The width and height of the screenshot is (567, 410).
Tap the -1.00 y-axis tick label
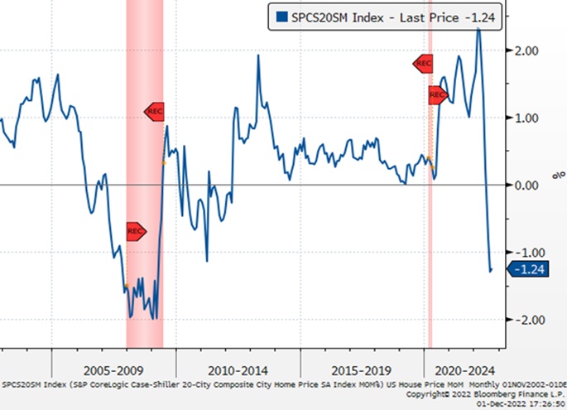[531, 252]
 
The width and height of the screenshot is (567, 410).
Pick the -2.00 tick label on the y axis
[531, 319]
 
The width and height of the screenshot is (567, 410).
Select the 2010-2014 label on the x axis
[239, 369]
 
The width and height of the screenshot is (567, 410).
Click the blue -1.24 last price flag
[526, 269]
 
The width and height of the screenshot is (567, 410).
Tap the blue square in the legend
[282, 16]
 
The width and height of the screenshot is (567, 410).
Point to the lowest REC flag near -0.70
[136, 231]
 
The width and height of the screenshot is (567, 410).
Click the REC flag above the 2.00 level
[423, 64]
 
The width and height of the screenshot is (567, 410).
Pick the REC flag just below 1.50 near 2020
[438, 95]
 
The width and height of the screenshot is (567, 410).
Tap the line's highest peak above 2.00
[478, 29]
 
